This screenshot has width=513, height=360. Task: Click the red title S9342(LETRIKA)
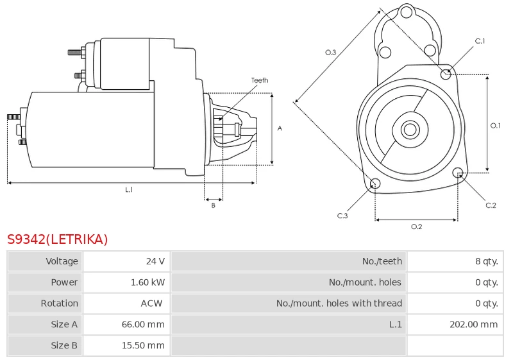point(57,239)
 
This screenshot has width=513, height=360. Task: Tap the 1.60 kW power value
point(147,282)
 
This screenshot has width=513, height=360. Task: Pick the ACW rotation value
point(151,304)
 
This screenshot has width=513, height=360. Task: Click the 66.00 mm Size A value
point(143,324)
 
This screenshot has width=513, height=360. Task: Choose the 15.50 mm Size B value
point(143,345)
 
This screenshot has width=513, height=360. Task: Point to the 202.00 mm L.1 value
point(473,324)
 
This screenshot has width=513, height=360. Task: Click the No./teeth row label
point(382,261)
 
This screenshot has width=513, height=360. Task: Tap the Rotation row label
point(59,304)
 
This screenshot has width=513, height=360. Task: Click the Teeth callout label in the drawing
point(260,80)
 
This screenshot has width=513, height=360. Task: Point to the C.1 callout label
point(480,41)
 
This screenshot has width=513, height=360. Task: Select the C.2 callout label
point(491,205)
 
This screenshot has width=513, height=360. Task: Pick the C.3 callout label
point(342,216)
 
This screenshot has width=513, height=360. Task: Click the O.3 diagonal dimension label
point(330,53)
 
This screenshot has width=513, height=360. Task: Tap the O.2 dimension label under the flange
point(416,227)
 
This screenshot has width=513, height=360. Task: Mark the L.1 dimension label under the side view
point(129,189)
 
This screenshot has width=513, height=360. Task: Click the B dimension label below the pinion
point(213,205)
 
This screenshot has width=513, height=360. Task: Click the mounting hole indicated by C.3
point(375,184)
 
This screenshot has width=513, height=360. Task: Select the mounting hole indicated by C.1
point(446,74)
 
